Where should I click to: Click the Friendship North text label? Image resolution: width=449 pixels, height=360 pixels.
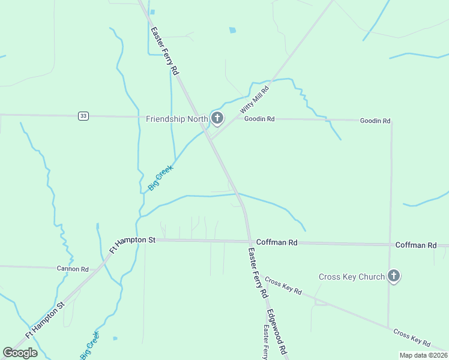click(176, 119)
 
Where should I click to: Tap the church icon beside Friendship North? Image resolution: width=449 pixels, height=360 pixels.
click(217, 118)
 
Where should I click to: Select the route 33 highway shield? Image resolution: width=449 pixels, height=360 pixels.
click(83, 116)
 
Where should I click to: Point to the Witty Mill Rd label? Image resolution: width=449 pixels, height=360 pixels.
click(255, 100)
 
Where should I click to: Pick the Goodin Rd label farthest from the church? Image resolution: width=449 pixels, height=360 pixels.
click(375, 121)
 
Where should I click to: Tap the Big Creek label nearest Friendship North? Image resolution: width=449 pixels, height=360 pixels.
click(160, 178)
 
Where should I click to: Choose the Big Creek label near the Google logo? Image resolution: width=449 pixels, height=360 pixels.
click(89, 346)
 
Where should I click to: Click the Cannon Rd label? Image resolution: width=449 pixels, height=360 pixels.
click(73, 269)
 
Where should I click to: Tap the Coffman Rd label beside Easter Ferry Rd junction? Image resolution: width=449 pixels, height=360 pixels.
click(277, 242)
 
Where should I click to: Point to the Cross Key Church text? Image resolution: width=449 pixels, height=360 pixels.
click(351, 277)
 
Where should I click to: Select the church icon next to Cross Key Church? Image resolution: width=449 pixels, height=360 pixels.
click(393, 276)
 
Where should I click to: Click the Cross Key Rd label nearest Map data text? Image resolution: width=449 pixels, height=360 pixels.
click(412, 338)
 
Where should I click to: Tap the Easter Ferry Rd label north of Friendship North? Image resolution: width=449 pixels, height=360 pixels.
click(165, 51)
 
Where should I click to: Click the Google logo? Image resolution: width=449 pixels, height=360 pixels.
click(20, 352)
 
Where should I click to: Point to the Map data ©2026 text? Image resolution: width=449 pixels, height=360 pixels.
click(423, 355)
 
